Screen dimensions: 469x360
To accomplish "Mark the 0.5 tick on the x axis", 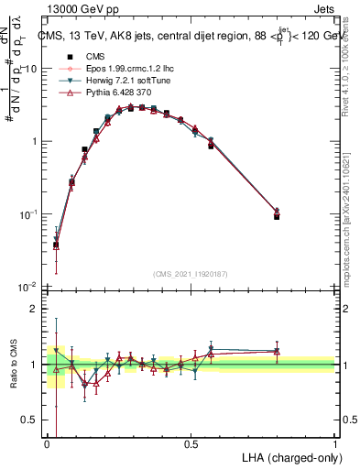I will (191, 444).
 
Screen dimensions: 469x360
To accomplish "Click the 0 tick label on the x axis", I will (47, 444).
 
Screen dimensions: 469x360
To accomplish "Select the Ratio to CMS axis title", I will (12, 366).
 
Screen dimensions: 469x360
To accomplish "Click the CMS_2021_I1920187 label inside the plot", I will (191, 275).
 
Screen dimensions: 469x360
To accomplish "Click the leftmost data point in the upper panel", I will (56, 245).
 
